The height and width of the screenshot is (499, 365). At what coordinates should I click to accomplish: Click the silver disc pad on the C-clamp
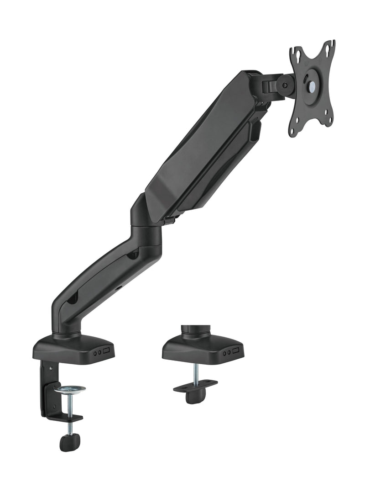70,389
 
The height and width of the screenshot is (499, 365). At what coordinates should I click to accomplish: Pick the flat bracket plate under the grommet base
195,386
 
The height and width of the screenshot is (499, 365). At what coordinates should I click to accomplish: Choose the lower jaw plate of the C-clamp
68,418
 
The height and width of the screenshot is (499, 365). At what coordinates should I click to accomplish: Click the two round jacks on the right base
225,352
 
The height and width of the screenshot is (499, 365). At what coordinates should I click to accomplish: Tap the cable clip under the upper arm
253,133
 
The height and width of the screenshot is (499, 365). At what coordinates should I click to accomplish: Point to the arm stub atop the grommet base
195,330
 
